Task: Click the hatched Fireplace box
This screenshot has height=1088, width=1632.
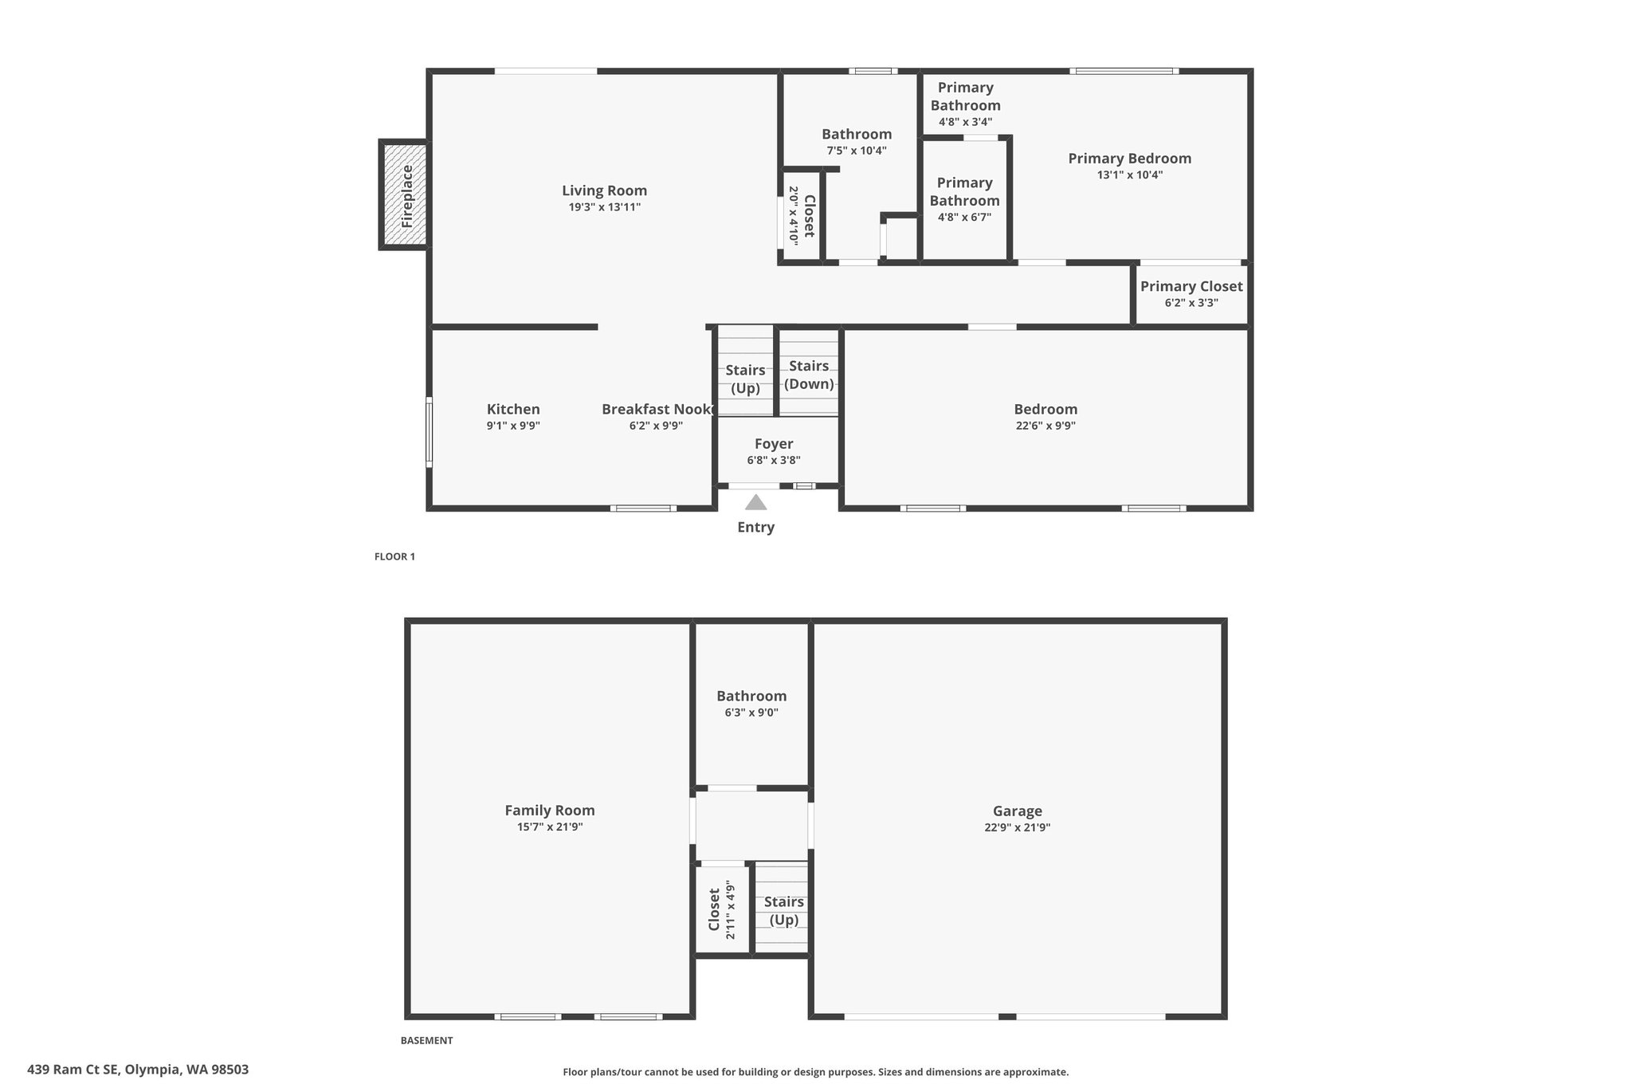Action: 405,195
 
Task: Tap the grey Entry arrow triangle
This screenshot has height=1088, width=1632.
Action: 755,502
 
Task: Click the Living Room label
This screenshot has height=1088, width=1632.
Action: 604,190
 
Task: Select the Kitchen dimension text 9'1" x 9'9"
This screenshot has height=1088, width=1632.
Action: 513,426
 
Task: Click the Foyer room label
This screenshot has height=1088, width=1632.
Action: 774,444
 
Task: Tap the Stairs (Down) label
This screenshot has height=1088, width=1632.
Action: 809,375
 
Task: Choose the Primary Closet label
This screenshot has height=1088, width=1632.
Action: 1191,286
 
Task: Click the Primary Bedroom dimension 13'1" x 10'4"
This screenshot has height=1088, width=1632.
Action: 1130,175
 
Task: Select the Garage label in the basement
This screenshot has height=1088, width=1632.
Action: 1018,811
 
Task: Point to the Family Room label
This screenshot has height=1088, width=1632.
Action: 550,810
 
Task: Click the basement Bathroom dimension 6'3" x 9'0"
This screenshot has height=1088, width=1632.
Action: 751,713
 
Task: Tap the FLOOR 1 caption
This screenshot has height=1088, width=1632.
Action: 394,556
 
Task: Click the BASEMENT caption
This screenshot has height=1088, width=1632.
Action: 426,1040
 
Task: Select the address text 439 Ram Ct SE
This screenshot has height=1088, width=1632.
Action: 73,1070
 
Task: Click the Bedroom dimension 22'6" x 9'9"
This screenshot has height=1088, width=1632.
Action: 1045,426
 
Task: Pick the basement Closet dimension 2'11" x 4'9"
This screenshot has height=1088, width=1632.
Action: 731,910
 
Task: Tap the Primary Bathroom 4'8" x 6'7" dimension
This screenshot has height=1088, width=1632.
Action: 964,217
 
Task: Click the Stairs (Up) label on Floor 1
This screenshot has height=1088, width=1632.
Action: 745,379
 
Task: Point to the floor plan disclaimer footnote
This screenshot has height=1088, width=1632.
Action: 816,1072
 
